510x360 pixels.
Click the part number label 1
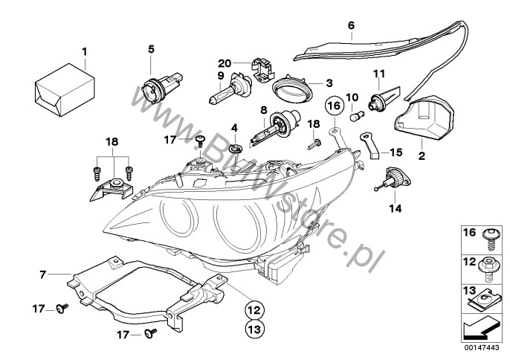pos(84,51)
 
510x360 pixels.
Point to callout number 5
pos(151,49)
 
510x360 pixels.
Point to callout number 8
pos(262,110)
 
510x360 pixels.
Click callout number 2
pos(422,157)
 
